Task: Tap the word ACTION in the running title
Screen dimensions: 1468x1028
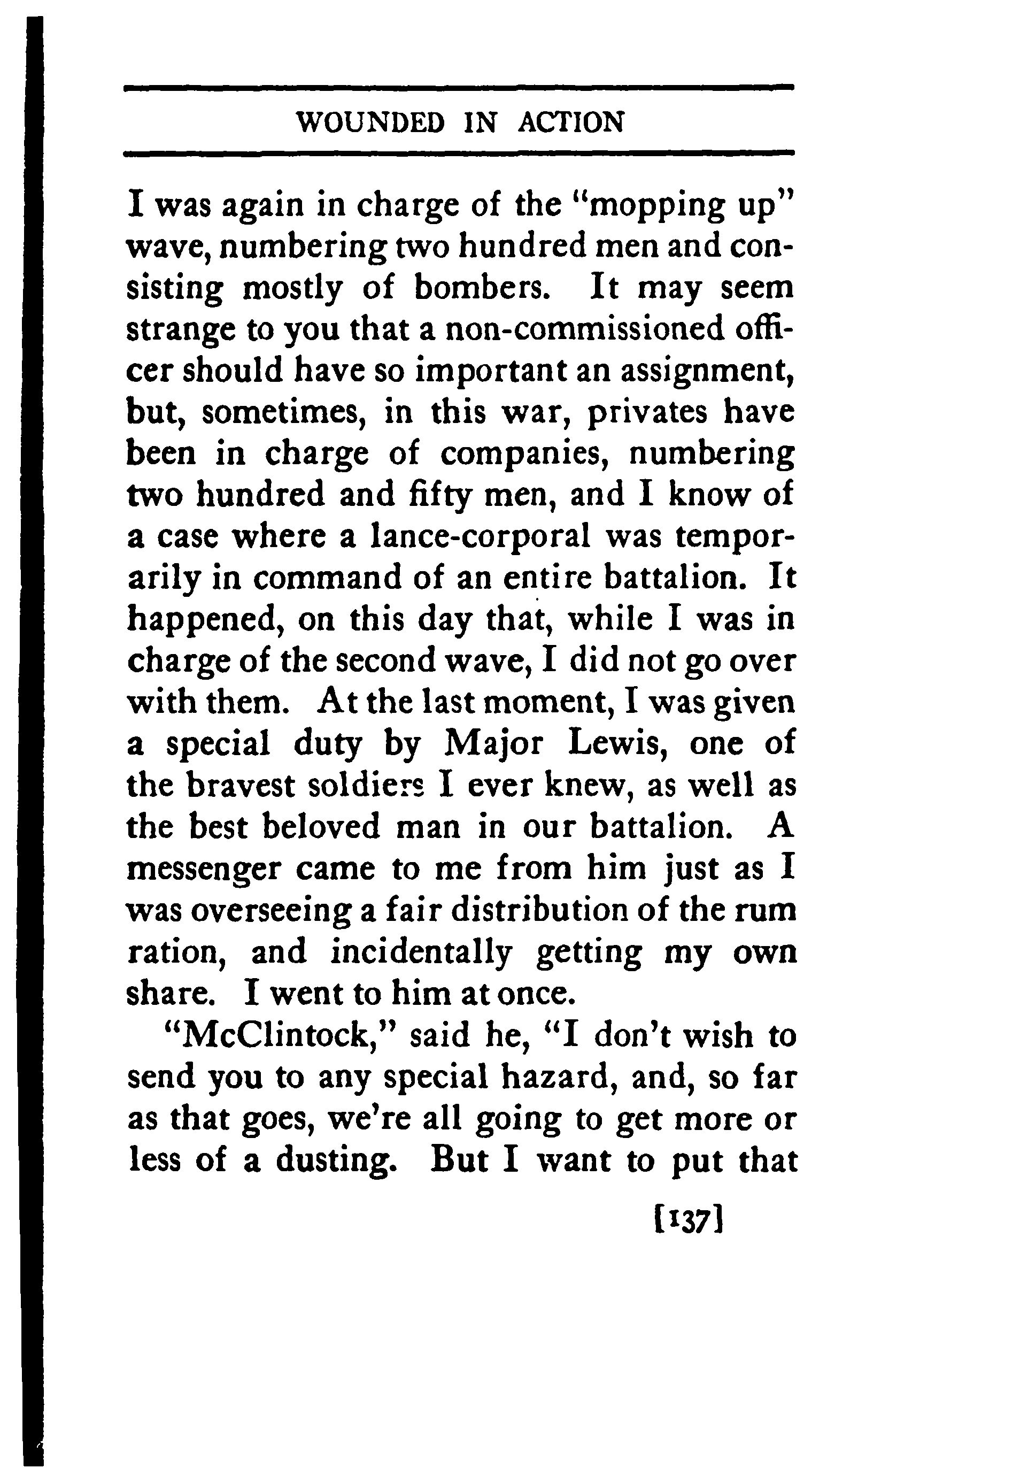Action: click(570, 122)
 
